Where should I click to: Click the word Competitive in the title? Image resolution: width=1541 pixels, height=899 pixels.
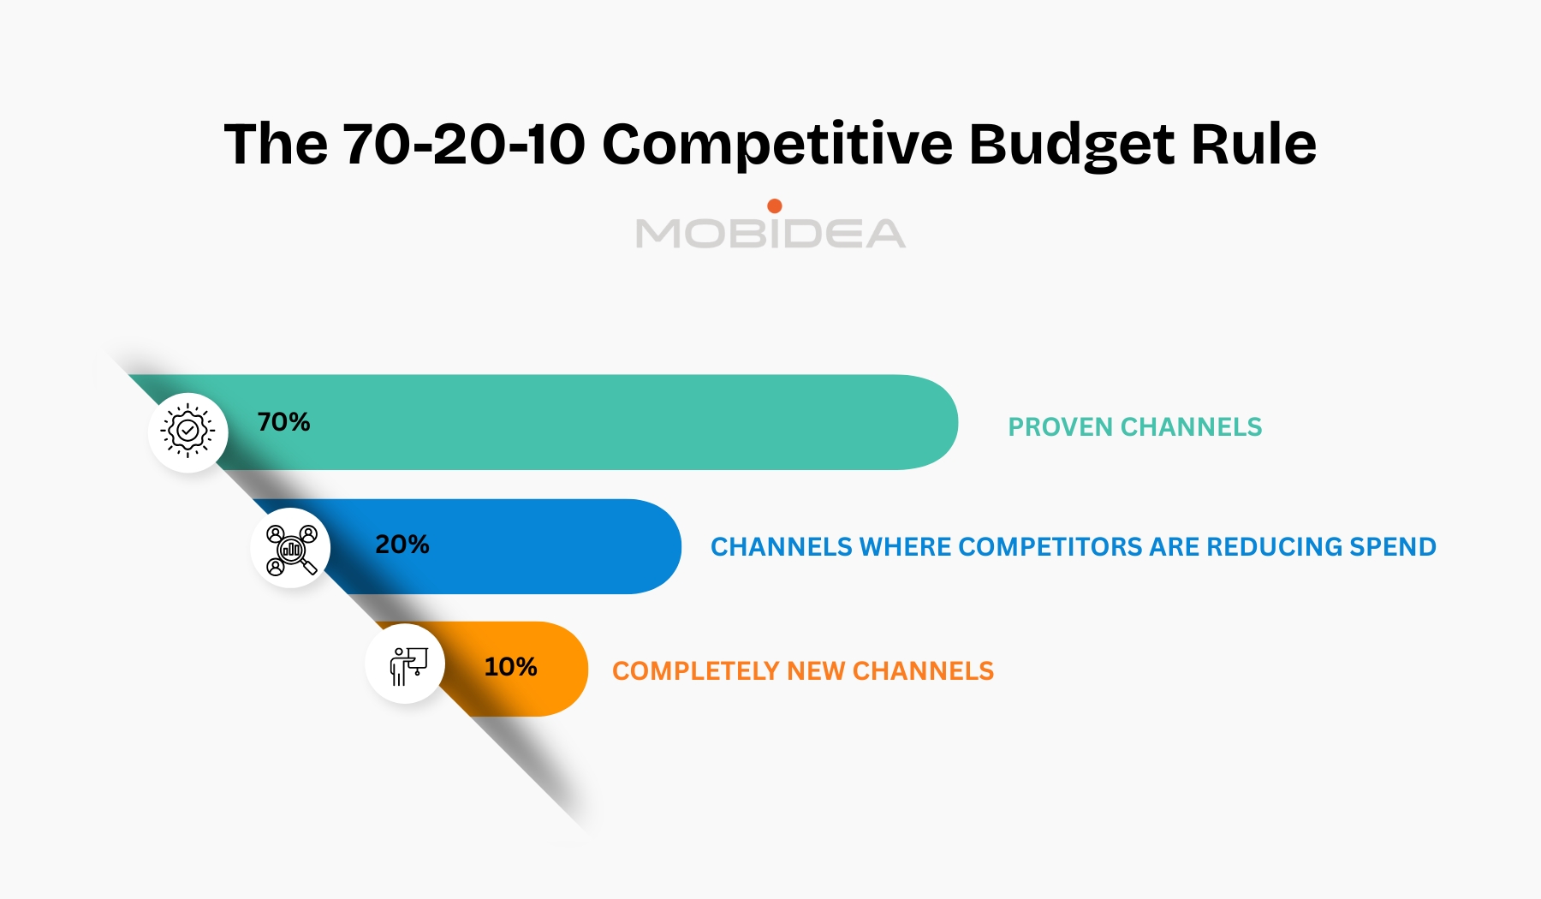(776, 144)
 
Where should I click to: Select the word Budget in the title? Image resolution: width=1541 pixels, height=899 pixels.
(1071, 144)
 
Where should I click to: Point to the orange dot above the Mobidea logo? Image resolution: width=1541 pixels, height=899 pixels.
(775, 205)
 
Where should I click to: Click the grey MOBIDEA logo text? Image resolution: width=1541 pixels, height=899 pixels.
(770, 234)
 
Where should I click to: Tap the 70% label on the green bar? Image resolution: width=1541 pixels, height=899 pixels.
(283, 422)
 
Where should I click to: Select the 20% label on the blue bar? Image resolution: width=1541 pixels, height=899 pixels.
(402, 545)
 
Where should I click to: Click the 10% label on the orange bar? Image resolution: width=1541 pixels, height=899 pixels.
(510, 667)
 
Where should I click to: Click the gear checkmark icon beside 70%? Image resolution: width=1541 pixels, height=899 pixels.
(188, 432)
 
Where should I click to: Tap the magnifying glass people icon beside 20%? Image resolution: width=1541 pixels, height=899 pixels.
(291, 549)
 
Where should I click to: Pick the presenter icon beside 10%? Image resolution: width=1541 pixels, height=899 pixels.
(406, 664)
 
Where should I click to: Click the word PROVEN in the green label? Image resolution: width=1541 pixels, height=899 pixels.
(1060, 427)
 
